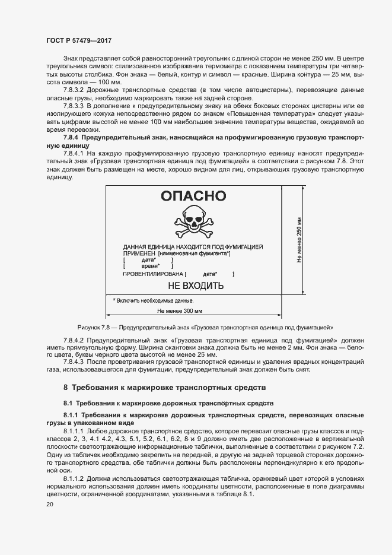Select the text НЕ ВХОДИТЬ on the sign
196,286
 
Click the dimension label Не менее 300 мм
180,310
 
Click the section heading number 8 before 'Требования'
66,387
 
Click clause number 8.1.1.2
75,477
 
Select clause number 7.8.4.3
75,361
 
